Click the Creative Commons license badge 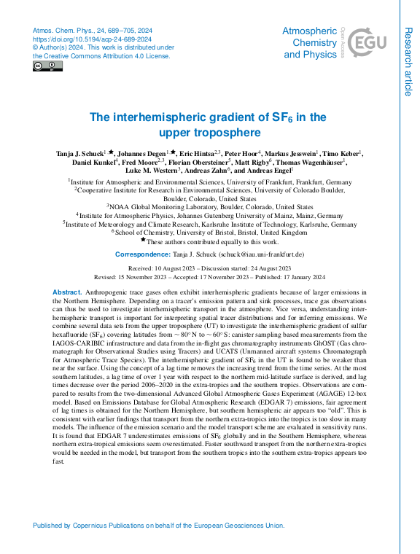[47, 66]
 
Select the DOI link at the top [93, 39]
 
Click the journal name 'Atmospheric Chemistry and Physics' [310, 42]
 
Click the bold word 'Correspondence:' [142, 254]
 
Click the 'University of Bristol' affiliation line [210, 233]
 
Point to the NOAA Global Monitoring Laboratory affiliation [210, 206]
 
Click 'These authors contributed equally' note [212, 241]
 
